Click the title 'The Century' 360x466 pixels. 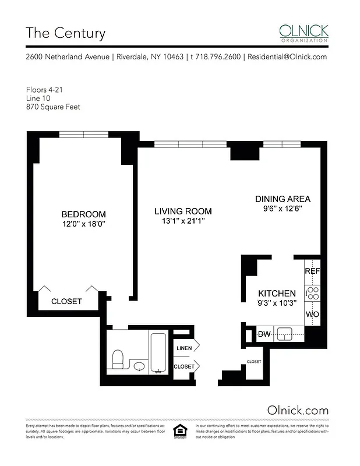pyautogui.click(x=65, y=33)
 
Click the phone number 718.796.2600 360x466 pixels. pyautogui.click(x=216, y=57)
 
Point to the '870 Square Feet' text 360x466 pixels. pyautogui.click(x=53, y=107)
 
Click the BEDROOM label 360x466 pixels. pyautogui.click(x=84, y=214)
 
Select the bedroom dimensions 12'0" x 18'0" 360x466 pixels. pyautogui.click(x=84, y=224)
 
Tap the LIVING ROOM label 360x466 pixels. pyautogui.click(x=183, y=211)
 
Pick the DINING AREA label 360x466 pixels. pyautogui.click(x=283, y=199)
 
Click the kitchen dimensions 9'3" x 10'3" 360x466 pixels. pyautogui.click(x=277, y=302)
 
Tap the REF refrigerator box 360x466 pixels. pyautogui.click(x=312, y=271)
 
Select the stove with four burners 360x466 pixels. pyautogui.click(x=313, y=293)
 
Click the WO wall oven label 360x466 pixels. pyautogui.click(x=312, y=314)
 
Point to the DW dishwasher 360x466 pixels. pyautogui.click(x=263, y=334)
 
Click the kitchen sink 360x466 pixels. pyautogui.click(x=285, y=334)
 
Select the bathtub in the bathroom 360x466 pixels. pyautogui.click(x=158, y=352)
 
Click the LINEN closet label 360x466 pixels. pyautogui.click(x=184, y=348)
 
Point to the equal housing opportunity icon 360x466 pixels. pyautogui.click(x=179, y=431)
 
